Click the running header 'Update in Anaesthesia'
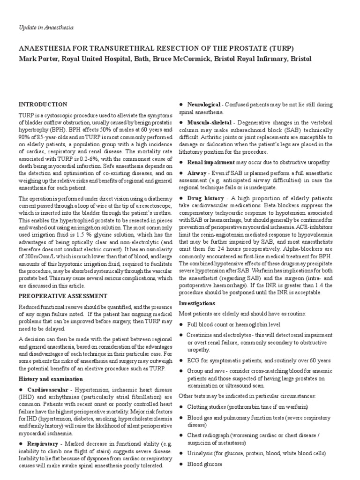coord(46,28)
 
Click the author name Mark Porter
coord(37,59)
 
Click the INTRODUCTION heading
coord(43,104)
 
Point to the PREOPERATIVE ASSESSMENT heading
coord(63,296)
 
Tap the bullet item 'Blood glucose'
coord(204,465)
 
